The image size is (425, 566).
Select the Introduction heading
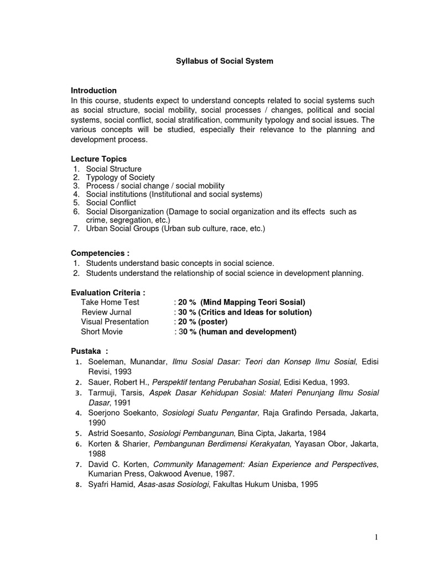pos(94,90)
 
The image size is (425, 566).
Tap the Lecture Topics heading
pos(99,159)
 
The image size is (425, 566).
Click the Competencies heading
pos(100,253)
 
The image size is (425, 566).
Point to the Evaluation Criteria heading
pos(108,292)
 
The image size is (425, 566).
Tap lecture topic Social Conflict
pos(111,203)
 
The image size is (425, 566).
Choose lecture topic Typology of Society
pos(120,177)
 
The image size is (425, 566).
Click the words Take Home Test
pos(110,302)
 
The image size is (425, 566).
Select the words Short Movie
pos(102,332)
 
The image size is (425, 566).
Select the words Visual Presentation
pos(115,322)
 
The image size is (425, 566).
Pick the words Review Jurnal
pos(106,312)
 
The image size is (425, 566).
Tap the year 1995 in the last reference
pos(309,484)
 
